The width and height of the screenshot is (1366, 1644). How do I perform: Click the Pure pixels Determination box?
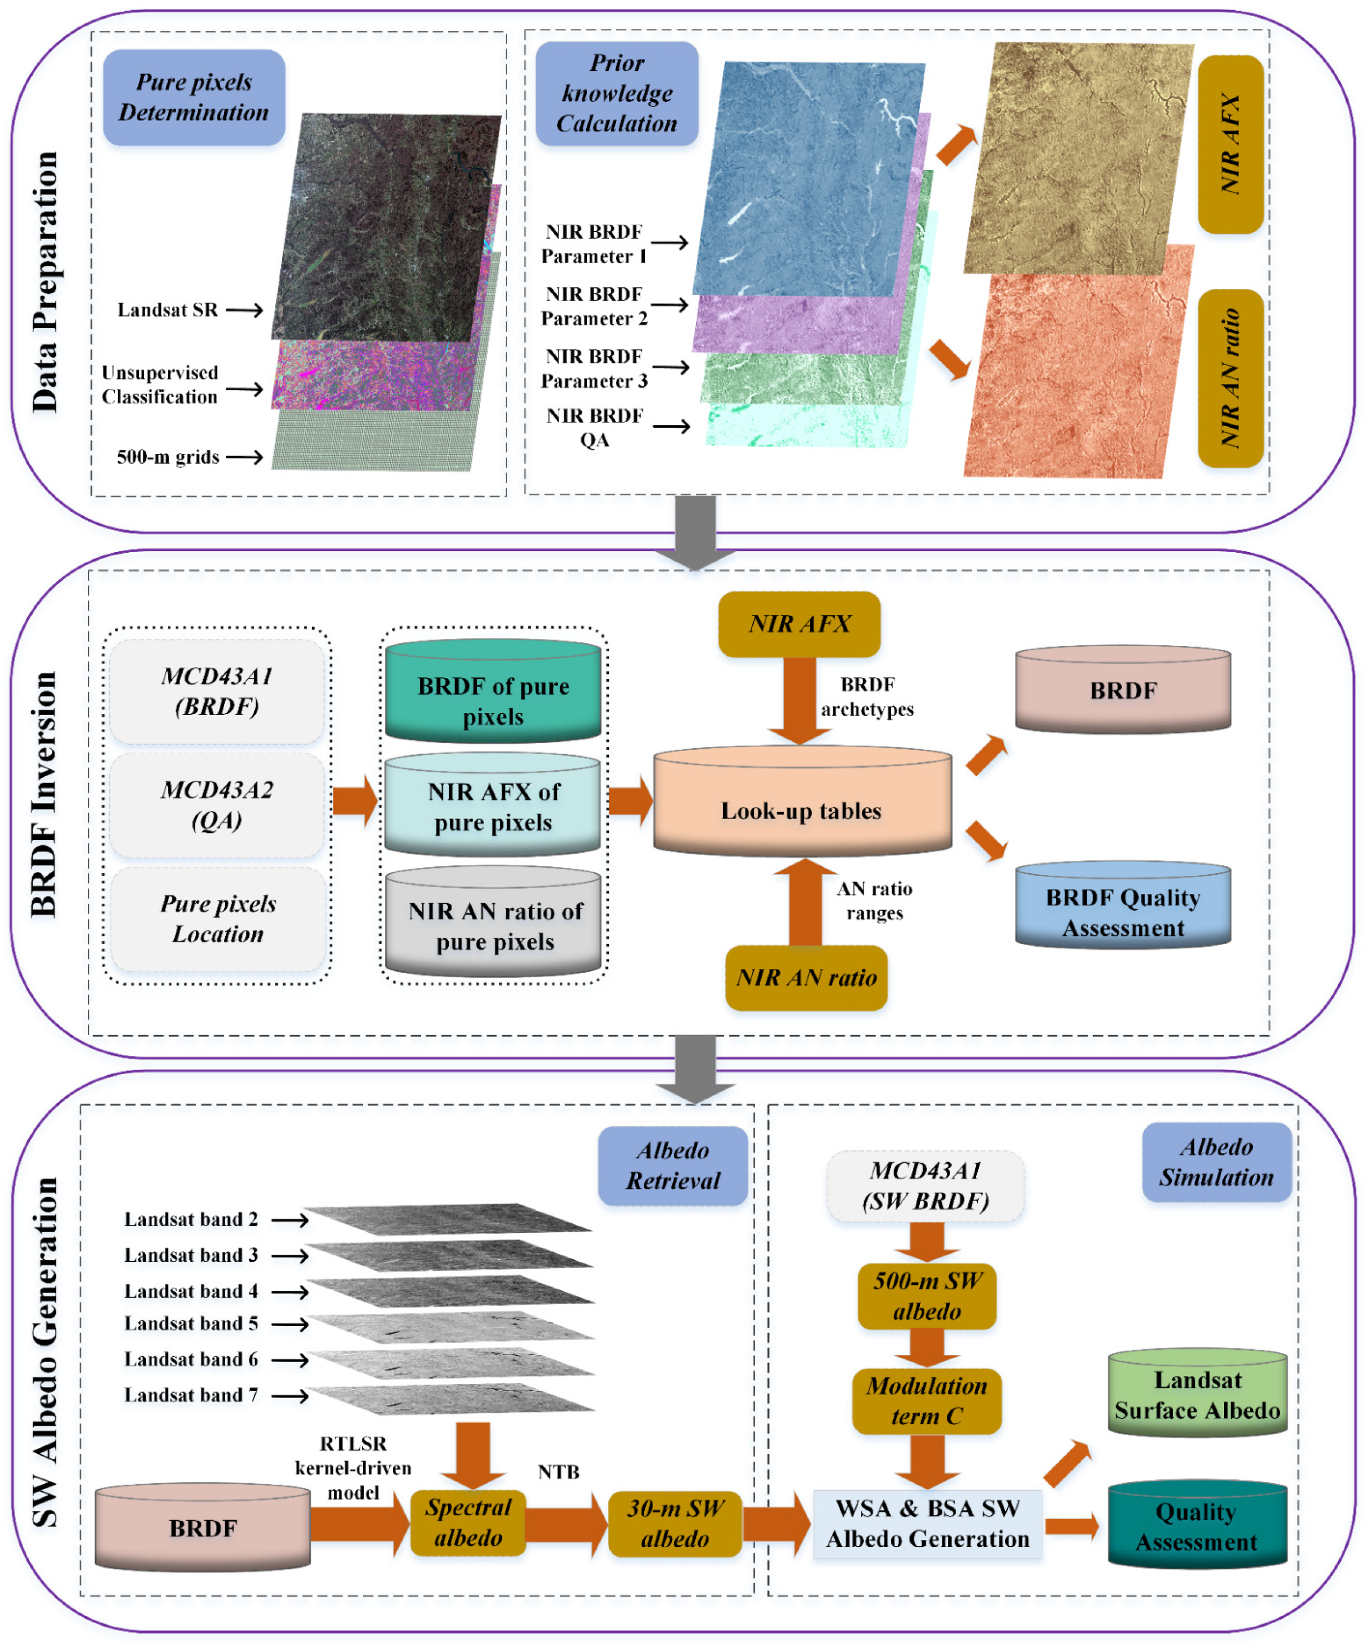coord(194,97)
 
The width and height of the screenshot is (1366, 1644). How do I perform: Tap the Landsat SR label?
coord(167,310)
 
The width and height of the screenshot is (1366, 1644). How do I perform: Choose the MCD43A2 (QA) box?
coord(217,805)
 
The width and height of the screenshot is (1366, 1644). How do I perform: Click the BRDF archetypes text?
coord(866,697)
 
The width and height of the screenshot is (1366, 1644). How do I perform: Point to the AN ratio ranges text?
coord(874,901)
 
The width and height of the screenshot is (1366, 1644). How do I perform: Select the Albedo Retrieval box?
coord(672,1166)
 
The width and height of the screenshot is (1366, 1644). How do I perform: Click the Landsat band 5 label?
coord(190,1323)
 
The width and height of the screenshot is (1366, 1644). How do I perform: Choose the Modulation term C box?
coord(926,1401)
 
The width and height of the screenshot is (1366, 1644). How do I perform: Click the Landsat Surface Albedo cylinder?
coord(1197,1396)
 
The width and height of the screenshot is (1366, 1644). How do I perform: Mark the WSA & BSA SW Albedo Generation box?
coord(927,1523)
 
